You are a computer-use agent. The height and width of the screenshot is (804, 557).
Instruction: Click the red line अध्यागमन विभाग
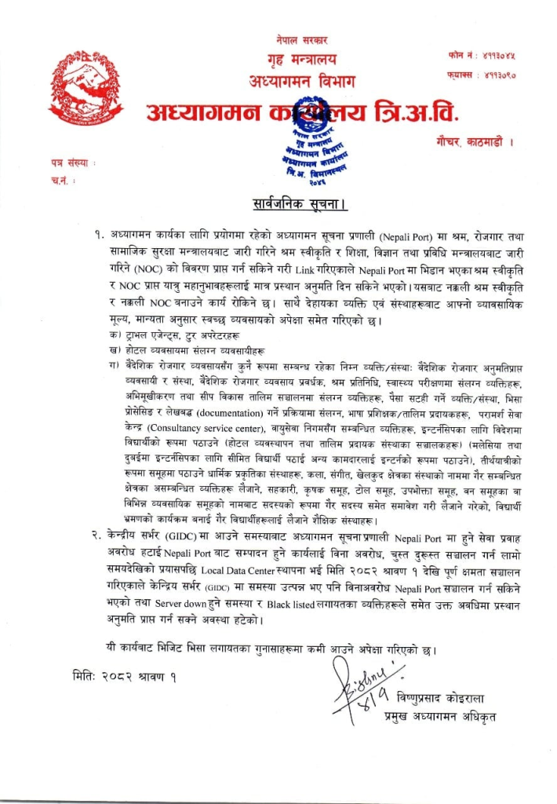[x=301, y=82]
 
